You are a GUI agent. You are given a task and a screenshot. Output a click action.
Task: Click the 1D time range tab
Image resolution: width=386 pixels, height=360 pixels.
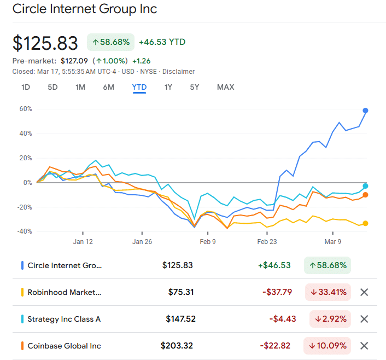26,87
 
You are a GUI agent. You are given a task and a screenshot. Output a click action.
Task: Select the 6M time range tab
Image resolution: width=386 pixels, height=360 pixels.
108,87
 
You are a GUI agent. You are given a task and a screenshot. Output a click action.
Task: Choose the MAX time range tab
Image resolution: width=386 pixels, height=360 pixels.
225,87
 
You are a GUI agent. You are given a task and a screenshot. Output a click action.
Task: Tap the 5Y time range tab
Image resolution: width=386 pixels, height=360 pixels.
195,87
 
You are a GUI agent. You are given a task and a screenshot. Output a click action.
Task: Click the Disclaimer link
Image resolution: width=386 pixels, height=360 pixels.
178,72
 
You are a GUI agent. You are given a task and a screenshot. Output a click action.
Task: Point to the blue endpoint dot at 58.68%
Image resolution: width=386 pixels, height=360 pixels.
365,111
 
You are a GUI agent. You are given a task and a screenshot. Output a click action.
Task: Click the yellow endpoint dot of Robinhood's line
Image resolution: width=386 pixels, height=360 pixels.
365,223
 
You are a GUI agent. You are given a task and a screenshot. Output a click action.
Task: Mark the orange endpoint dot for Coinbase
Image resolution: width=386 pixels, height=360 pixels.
365,195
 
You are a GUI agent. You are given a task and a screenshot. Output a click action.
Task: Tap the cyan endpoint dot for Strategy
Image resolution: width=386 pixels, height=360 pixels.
365,186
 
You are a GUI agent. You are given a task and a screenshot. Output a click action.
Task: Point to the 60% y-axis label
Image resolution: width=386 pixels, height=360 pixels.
26,109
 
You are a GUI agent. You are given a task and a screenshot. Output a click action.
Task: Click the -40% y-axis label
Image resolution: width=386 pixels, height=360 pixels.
24,231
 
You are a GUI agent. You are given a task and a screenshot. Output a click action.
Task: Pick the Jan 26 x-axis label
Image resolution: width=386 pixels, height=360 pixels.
142,241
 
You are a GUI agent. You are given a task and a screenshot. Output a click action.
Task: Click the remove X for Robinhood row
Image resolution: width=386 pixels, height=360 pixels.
365,292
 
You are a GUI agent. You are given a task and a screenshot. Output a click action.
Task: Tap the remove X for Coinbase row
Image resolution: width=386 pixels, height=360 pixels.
365,346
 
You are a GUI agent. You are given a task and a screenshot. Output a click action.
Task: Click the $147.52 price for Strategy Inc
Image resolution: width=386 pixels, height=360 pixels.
180,319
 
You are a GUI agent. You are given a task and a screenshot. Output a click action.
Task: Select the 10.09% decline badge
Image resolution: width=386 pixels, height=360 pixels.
328,346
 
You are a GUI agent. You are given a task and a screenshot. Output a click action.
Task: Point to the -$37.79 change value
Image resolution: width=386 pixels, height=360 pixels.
277,292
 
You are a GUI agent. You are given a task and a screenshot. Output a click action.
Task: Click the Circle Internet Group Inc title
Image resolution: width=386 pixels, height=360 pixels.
85,9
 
